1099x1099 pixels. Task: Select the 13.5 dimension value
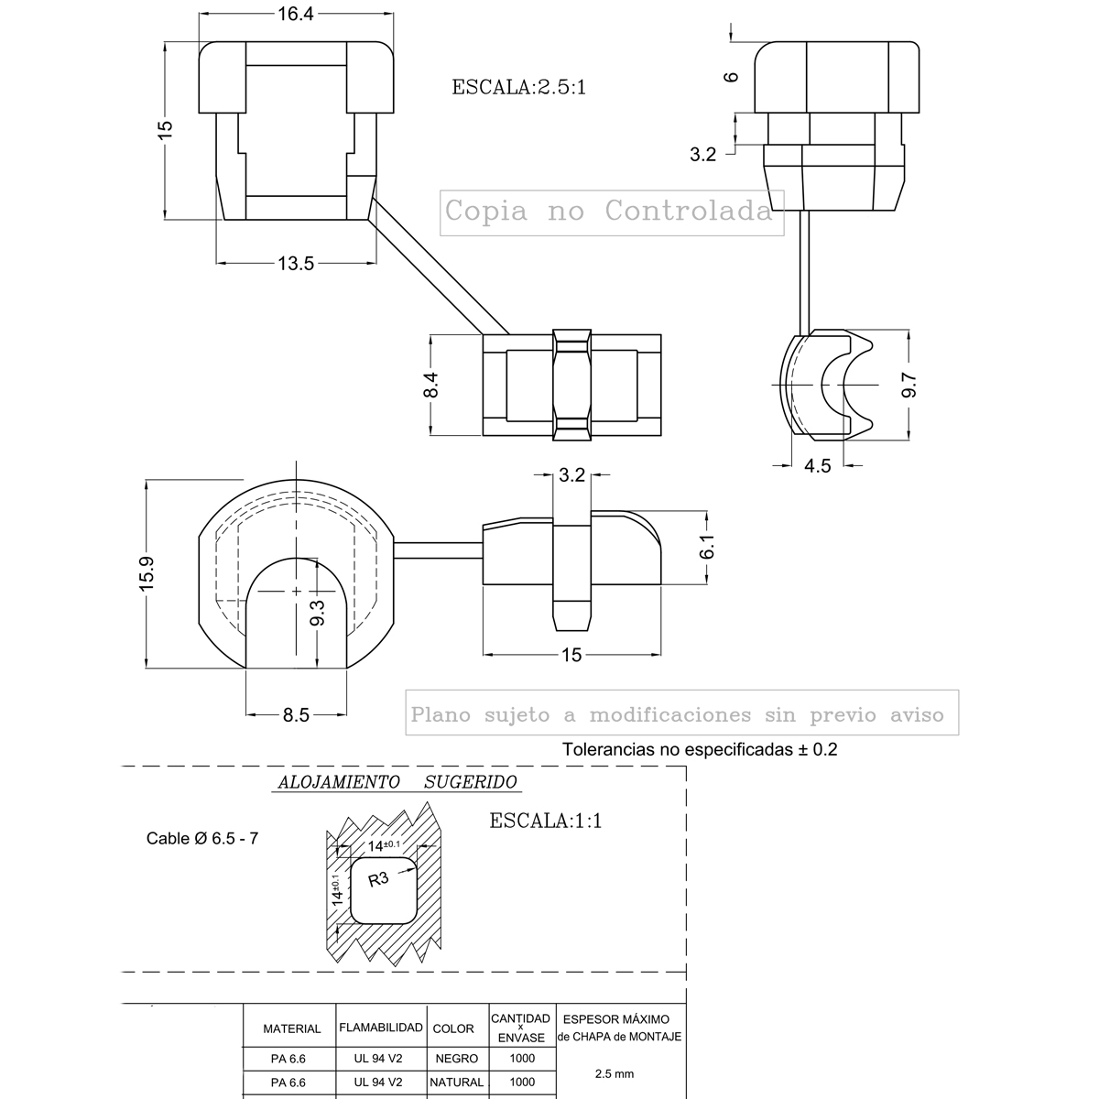click(x=296, y=264)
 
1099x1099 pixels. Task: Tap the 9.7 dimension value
click(x=909, y=385)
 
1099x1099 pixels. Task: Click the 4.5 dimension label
click(x=817, y=466)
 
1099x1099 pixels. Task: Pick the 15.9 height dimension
click(x=147, y=574)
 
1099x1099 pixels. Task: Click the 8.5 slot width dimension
click(x=296, y=715)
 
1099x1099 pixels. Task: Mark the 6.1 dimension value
click(x=706, y=549)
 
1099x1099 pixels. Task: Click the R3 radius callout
click(x=378, y=880)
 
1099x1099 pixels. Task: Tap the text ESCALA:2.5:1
click(x=518, y=88)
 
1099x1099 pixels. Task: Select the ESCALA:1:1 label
click(x=546, y=821)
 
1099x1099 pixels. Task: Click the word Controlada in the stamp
click(x=689, y=212)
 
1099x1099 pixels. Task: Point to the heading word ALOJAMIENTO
click(x=338, y=782)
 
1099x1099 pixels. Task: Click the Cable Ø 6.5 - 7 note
click(x=202, y=838)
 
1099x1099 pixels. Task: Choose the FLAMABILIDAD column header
click(x=381, y=1028)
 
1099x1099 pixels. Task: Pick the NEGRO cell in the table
click(x=457, y=1058)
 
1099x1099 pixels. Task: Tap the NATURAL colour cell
click(x=457, y=1082)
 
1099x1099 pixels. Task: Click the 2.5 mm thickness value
click(x=615, y=1074)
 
